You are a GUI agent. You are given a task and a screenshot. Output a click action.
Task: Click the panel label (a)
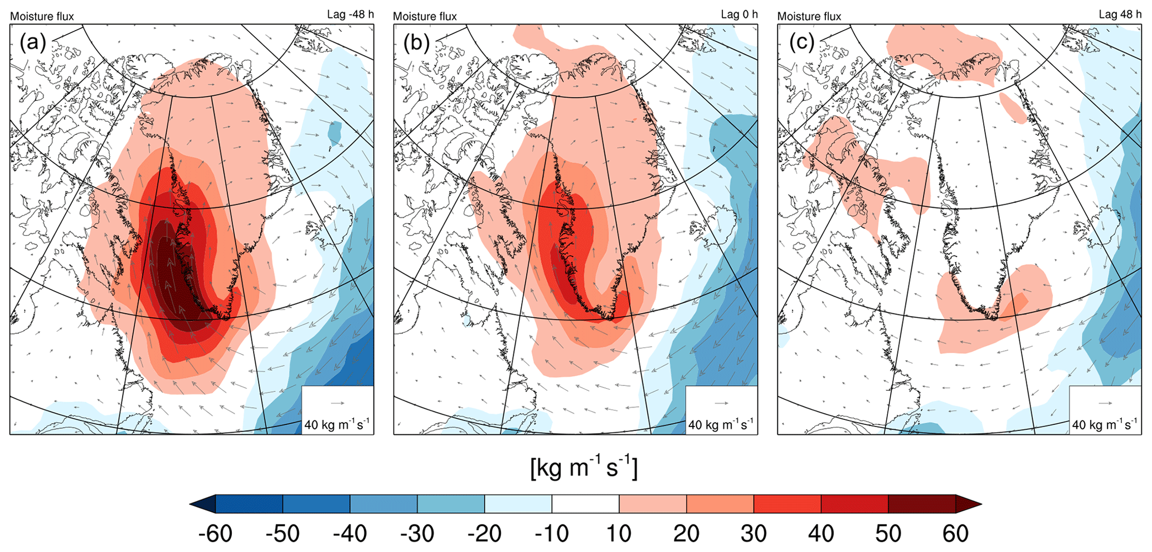[x=32, y=42]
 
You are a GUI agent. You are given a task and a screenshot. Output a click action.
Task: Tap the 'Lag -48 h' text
[x=350, y=14]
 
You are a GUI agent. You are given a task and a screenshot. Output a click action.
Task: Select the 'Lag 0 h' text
[x=739, y=14]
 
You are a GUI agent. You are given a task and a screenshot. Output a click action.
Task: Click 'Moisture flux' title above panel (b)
[x=425, y=16]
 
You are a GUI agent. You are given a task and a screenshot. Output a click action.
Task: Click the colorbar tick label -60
[x=215, y=534]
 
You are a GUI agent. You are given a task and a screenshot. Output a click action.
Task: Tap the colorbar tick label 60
[x=955, y=534]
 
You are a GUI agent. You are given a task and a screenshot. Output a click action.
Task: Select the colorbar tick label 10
[x=619, y=534]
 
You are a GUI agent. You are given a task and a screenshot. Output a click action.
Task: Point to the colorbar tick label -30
[x=417, y=534]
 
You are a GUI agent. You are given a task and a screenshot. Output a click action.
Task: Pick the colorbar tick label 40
[x=821, y=534]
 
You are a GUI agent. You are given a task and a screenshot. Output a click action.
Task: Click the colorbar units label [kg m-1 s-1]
[x=584, y=467]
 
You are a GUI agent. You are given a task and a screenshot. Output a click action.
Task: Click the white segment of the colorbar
[x=585, y=504]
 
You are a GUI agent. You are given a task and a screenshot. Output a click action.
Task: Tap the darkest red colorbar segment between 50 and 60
[x=922, y=504]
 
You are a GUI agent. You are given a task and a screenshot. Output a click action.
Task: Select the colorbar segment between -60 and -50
[x=249, y=504]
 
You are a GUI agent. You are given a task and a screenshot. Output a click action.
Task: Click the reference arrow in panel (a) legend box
[x=338, y=403]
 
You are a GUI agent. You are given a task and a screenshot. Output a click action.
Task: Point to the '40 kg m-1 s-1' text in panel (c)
[x=1105, y=425]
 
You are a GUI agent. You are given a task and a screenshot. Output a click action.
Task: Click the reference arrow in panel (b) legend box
[x=722, y=403]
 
